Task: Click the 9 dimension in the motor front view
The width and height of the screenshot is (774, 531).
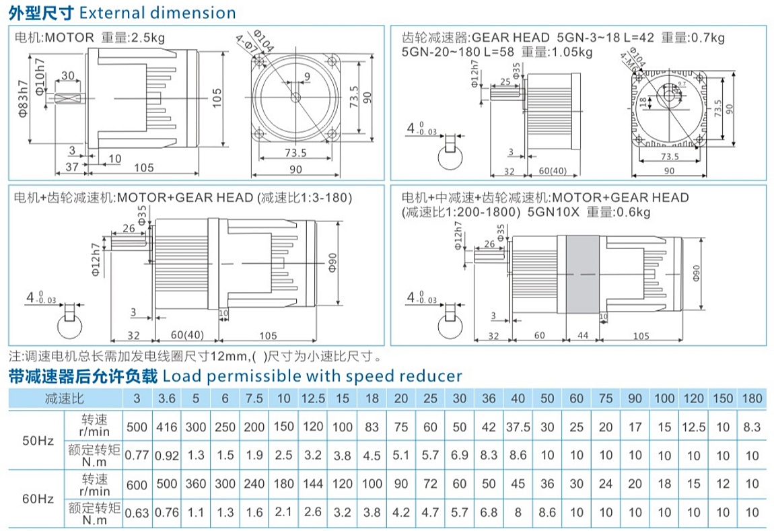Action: pyautogui.click(x=307, y=77)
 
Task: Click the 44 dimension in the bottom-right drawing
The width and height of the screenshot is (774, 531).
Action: pyautogui.click(x=582, y=335)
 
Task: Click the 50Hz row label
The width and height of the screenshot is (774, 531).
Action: pyautogui.click(x=37, y=441)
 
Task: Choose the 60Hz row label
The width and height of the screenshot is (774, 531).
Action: pyautogui.click(x=37, y=499)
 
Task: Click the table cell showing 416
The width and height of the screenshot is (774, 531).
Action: pyautogui.click(x=166, y=427)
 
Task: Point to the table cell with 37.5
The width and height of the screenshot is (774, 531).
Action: pyautogui.click(x=518, y=427)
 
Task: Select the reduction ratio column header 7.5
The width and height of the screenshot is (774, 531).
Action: pyautogui.click(x=254, y=398)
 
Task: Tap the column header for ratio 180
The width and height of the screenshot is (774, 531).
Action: pyautogui.click(x=752, y=398)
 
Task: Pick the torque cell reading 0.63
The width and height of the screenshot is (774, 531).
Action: pyautogui.click(x=137, y=513)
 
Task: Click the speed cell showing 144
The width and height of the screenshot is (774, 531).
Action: pyautogui.click(x=313, y=484)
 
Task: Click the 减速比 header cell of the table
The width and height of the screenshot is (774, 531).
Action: pyautogui.click(x=65, y=398)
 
